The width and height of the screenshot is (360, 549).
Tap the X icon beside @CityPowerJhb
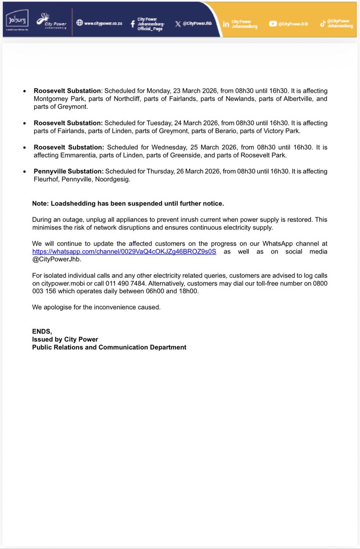pyautogui.click(x=178, y=23)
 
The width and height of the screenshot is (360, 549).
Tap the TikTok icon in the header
pyautogui.click(x=323, y=24)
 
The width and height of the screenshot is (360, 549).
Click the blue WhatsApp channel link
pyautogui.click(x=124, y=252)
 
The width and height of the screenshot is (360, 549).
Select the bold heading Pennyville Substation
pyautogui.click(x=68, y=171)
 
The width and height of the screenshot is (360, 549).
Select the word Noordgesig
pyautogui.click(x=118, y=179)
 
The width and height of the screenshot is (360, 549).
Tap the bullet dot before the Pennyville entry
pyautogui.click(x=24, y=172)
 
